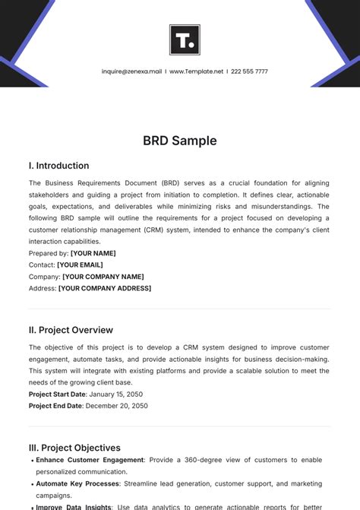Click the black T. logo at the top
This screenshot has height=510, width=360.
[185, 40]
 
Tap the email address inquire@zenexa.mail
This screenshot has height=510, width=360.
[131, 71]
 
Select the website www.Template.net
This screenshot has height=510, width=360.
[196, 71]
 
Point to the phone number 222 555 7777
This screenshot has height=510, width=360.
[250, 71]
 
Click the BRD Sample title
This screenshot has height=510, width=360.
[180, 141]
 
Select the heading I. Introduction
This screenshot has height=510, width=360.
[58, 166]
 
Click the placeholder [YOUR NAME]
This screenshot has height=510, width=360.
[93, 253]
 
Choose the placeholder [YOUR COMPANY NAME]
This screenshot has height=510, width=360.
[103, 277]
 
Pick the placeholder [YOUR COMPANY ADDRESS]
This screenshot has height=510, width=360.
[105, 288]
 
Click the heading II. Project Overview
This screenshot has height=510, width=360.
[71, 330]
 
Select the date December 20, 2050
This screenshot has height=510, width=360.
[116, 406]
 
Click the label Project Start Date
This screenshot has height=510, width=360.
[58, 394]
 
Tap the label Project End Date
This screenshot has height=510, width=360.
[56, 406]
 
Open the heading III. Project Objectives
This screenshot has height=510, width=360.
[74, 448]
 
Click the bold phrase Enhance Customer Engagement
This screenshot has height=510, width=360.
[90, 460]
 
